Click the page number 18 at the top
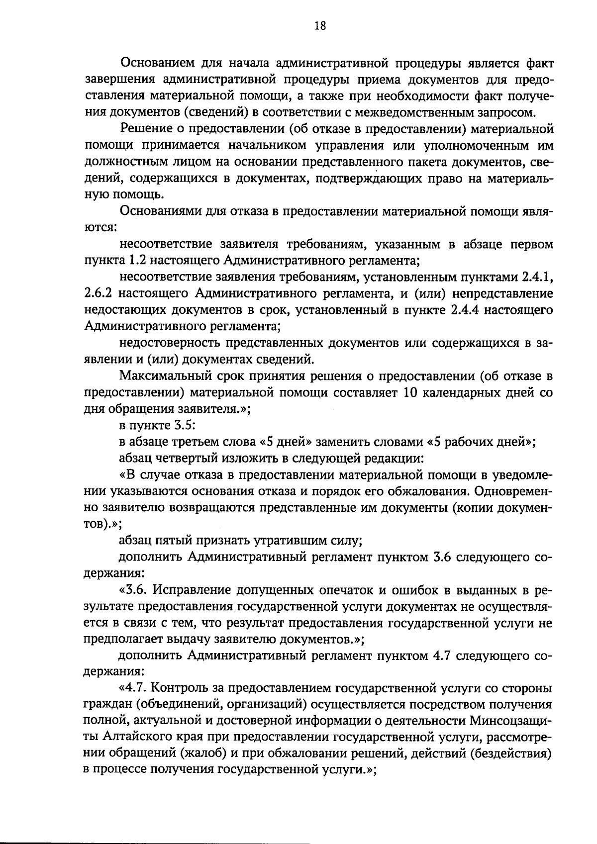pos(320,26)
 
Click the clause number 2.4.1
pos(537,277)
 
